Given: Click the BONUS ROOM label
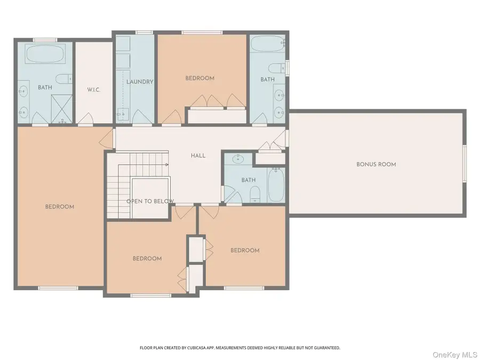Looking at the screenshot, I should [376, 164].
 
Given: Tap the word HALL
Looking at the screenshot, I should [198, 156].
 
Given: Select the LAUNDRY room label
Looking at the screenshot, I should [140, 82].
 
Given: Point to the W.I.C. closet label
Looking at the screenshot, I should [94, 89].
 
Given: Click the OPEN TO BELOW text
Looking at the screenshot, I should [150, 201].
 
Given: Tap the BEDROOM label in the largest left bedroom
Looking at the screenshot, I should [59, 207].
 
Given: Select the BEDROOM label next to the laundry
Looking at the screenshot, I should [199, 78].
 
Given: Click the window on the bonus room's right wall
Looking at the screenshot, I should [463, 164].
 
